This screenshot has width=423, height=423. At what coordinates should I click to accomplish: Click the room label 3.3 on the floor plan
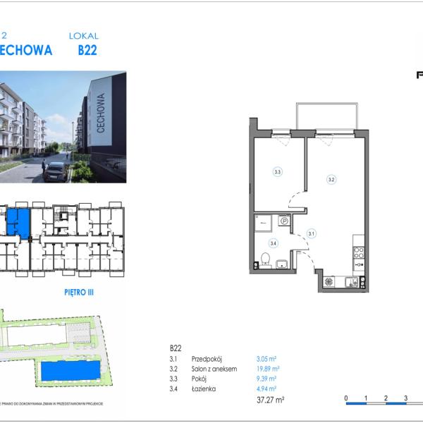click(x=278, y=171)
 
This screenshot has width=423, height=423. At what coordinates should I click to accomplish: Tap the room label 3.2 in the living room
click(x=331, y=180)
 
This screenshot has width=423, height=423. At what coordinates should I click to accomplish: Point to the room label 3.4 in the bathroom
click(x=273, y=243)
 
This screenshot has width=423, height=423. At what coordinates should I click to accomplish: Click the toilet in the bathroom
click(x=265, y=259)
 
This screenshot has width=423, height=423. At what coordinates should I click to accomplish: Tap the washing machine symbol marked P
click(x=284, y=221)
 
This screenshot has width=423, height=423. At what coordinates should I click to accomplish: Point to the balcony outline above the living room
click(x=326, y=116)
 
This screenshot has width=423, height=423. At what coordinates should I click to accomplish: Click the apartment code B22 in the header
click(x=87, y=50)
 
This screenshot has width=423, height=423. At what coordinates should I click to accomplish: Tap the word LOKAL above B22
click(x=84, y=35)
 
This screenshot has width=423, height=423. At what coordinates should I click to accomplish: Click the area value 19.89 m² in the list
click(x=267, y=368)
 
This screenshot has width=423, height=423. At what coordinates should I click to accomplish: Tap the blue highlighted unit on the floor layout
click(x=19, y=223)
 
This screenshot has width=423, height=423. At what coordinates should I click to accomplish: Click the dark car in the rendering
click(x=54, y=171)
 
